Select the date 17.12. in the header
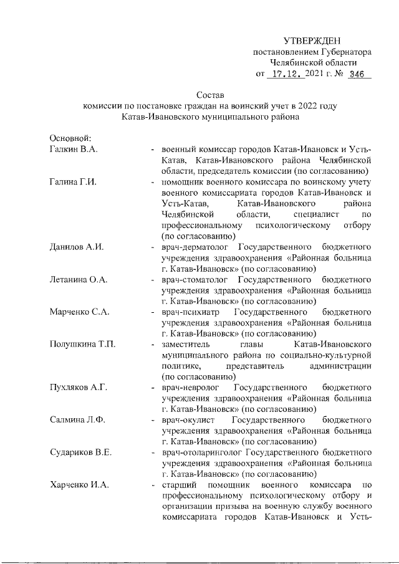285,75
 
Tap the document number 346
357,75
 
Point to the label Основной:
70,138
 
